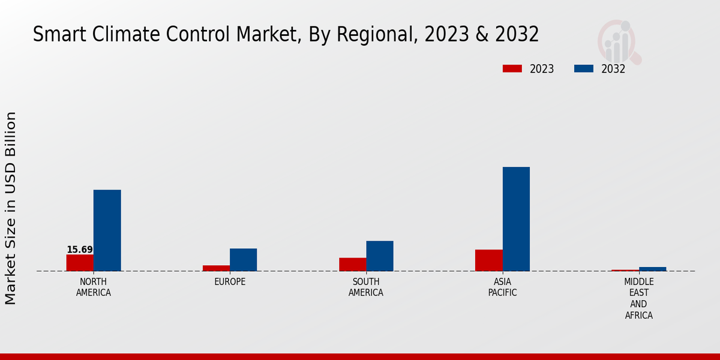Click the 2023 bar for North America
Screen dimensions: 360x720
point(80,263)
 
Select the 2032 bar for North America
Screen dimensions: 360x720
point(107,230)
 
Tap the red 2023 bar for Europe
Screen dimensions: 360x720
point(216,268)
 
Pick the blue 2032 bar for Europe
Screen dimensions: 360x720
point(243,260)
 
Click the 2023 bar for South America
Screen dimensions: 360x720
point(352,265)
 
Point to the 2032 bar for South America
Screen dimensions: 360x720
point(380,256)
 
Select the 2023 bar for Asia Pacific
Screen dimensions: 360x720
point(488,260)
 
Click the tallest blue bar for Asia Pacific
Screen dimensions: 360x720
point(516,219)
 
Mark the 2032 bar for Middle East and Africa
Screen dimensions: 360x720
point(652,269)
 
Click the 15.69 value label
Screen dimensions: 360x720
point(80,250)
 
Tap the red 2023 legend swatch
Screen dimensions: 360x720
point(512,69)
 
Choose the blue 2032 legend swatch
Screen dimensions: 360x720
point(583,69)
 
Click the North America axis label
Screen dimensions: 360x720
point(94,287)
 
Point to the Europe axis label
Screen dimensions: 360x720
point(230,282)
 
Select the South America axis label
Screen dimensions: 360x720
point(366,287)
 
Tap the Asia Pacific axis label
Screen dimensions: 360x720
point(502,287)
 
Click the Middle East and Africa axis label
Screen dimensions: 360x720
point(639,298)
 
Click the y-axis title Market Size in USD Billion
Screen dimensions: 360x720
point(11,208)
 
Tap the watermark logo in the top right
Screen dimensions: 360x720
point(619,41)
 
